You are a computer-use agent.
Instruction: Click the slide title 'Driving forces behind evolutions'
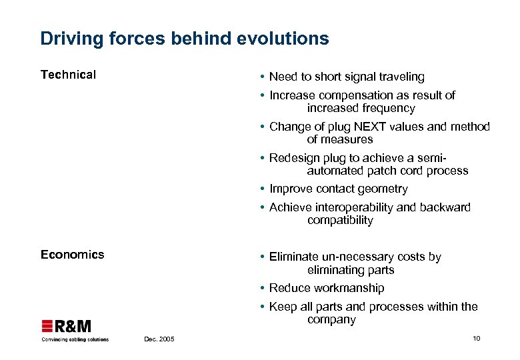pos(185,39)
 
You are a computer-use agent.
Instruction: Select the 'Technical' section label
pos(68,75)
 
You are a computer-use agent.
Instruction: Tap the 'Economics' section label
pos(72,254)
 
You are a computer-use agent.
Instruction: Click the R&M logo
pos(67,326)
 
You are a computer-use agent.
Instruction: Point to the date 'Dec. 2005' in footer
pos(159,339)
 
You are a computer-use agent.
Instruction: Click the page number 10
pos(476,339)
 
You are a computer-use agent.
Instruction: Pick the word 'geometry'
pos(382,189)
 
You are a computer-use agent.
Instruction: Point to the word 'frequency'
pos(389,108)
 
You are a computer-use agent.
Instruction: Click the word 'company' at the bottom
pos(331,320)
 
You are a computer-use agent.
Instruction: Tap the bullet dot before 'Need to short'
pos(263,77)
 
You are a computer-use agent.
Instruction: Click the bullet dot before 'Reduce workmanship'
pos(263,289)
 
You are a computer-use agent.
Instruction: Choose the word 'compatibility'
pos(340,220)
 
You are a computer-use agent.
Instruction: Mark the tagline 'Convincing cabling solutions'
pos(75,339)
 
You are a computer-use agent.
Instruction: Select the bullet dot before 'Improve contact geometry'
pos(263,189)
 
